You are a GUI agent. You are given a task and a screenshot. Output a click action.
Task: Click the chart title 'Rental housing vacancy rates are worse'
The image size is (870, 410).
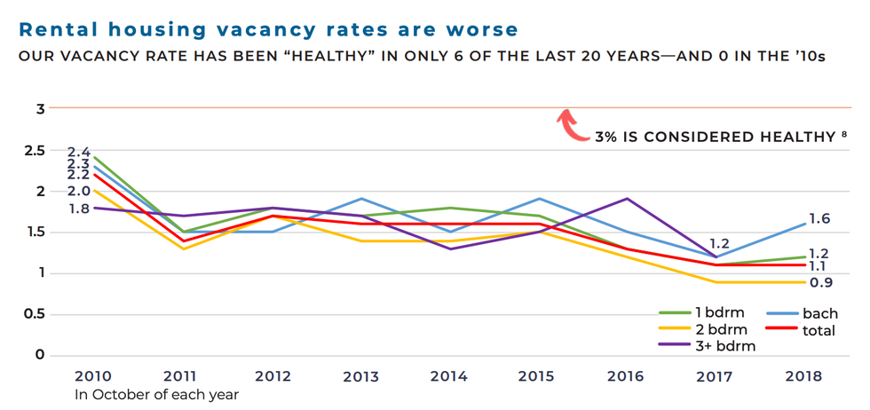coord(268,29)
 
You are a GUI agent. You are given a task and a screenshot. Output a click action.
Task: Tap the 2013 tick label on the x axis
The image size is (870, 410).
coord(360,376)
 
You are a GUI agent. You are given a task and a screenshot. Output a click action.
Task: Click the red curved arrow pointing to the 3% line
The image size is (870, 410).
coord(571,126)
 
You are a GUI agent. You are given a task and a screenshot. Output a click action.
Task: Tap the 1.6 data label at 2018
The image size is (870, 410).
coord(818,219)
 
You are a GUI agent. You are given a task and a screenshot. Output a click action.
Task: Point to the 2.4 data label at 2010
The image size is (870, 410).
coord(79,153)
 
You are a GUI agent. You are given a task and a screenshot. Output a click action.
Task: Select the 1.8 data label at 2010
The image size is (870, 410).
coord(79,209)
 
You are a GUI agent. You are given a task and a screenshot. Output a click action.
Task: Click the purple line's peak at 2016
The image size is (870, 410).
coord(628,199)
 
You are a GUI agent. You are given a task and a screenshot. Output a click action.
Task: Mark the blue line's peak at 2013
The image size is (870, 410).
coord(360,199)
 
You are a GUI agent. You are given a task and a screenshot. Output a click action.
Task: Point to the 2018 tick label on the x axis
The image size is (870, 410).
coord(803,376)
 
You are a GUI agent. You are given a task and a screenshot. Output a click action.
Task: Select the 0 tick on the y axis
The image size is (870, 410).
coord(38,355)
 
